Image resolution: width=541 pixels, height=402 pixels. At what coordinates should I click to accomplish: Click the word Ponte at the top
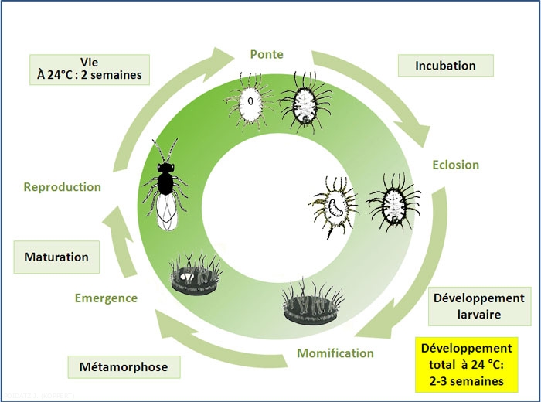pos(267,54)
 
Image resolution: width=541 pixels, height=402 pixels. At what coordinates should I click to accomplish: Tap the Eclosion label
pos(455,165)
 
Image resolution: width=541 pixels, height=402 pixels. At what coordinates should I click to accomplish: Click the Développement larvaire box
pos(478,307)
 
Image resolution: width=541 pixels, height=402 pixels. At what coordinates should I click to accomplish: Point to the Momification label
pos(335,353)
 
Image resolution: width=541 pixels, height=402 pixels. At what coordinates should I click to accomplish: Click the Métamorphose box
pos(124,366)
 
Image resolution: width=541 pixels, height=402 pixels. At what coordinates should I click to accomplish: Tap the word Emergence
pos(106,298)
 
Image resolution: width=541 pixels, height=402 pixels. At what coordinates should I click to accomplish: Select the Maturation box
pos(56,257)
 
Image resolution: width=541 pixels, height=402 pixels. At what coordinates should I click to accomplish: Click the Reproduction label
pos(63,187)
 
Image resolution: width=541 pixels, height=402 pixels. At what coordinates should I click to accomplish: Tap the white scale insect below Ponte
pos(249,100)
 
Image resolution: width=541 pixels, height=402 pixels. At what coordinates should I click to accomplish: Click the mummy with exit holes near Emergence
pos(196,276)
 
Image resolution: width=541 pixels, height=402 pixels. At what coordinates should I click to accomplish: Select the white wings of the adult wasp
pos(168,210)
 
